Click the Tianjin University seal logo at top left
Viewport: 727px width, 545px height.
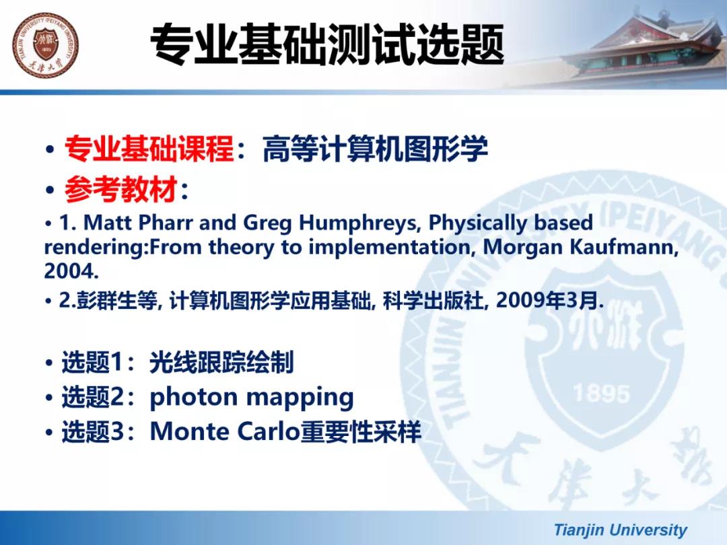tap(46, 46)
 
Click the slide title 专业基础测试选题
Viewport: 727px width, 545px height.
tap(327, 45)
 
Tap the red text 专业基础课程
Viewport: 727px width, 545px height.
tap(149, 149)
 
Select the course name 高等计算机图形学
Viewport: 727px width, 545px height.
tap(375, 149)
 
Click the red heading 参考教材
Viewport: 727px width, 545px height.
tap(121, 190)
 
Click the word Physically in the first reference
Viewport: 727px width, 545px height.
tap(478, 223)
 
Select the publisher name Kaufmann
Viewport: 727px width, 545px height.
tap(624, 246)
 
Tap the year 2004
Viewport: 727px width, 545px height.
tap(71, 271)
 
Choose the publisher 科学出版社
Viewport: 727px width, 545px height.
tap(434, 301)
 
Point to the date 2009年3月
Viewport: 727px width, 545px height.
tap(549, 301)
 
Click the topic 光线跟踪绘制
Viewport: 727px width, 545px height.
tap(221, 363)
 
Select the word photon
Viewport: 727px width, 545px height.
tap(194, 398)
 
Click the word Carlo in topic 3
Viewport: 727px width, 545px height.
tap(268, 431)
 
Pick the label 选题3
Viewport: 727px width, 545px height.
tap(93, 431)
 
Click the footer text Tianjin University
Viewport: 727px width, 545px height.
tap(621, 530)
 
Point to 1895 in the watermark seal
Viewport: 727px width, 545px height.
tap(601, 394)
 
